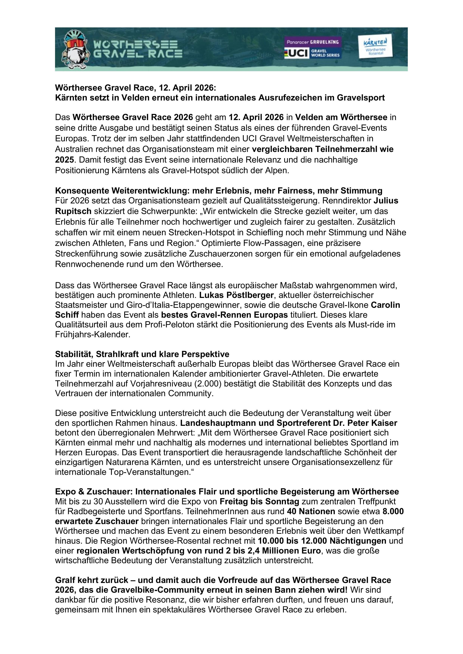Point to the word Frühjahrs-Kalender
click(x=93, y=334)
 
